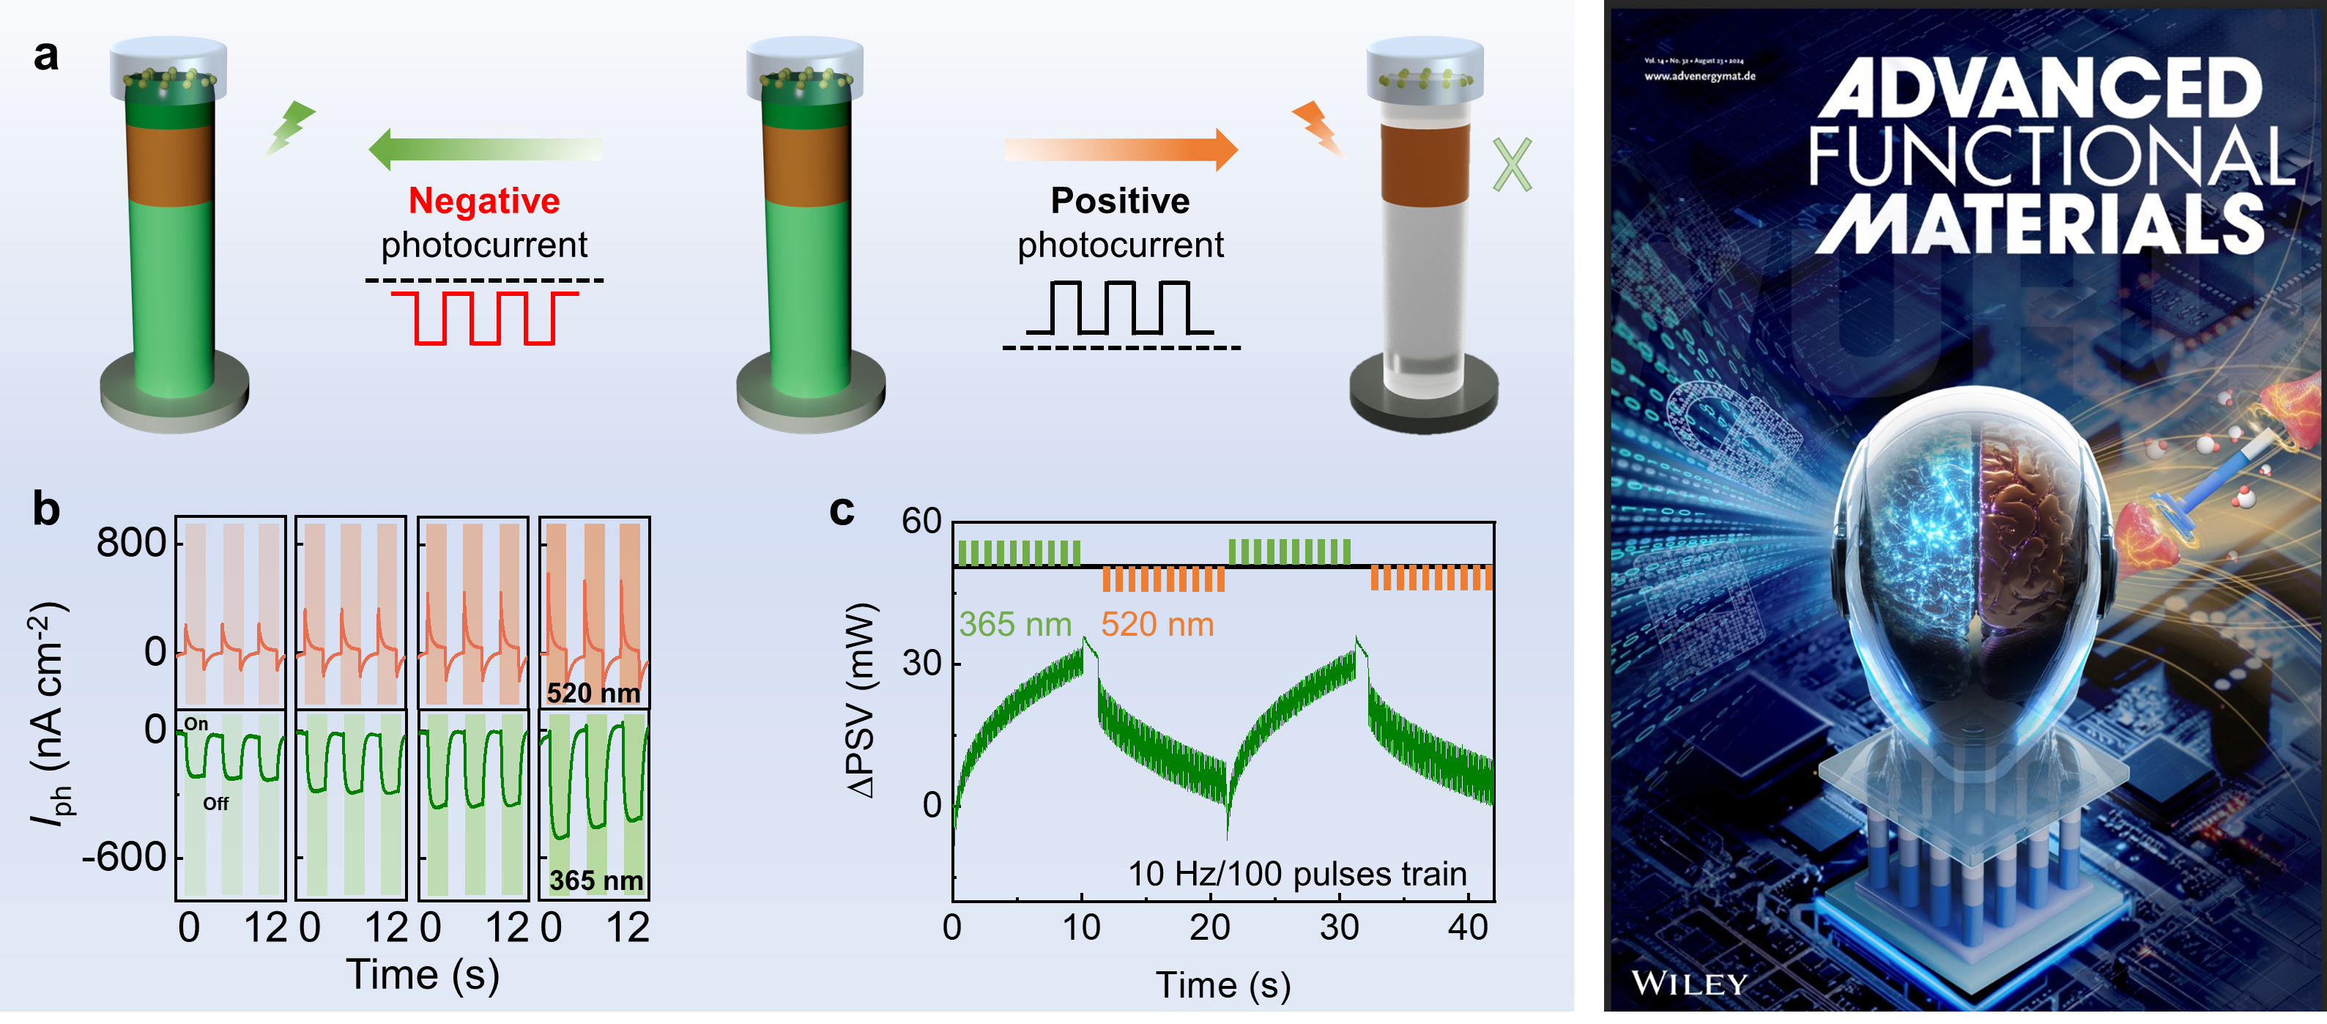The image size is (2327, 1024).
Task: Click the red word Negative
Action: pyautogui.click(x=484, y=201)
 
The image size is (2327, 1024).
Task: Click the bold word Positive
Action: pyautogui.click(x=1119, y=201)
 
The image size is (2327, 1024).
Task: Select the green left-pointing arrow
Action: pyautogui.click(x=485, y=149)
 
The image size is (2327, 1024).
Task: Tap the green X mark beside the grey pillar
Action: pyautogui.click(x=1511, y=166)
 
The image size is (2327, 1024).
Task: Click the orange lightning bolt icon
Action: pyautogui.click(x=1319, y=129)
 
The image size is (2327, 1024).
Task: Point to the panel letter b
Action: pyautogui.click(x=46, y=508)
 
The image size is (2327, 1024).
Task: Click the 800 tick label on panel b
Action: pyautogui.click(x=132, y=543)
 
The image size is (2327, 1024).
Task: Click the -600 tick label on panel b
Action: pyautogui.click(x=125, y=856)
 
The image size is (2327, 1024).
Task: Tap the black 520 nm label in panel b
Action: pyautogui.click(x=593, y=693)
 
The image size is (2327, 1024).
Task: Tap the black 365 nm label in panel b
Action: pyautogui.click(x=596, y=880)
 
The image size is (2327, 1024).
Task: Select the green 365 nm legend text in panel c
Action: pyautogui.click(x=1014, y=624)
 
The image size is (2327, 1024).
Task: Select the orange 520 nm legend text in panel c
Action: pyautogui.click(x=1157, y=624)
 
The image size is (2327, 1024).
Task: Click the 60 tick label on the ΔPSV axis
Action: pyautogui.click(x=921, y=521)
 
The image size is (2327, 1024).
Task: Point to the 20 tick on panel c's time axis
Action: pyautogui.click(x=1209, y=927)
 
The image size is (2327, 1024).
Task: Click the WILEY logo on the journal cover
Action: pyautogui.click(x=1689, y=982)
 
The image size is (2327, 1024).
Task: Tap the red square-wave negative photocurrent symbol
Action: pyautogui.click(x=485, y=317)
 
